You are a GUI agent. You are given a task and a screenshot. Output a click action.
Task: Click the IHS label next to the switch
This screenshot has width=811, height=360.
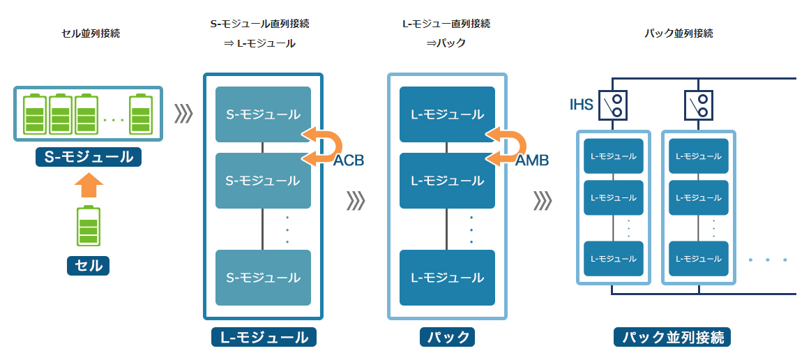coord(581,105)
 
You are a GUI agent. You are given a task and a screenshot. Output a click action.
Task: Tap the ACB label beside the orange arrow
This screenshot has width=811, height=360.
coord(349,160)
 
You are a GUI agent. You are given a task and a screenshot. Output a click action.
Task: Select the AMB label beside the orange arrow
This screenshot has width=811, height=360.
coord(532,160)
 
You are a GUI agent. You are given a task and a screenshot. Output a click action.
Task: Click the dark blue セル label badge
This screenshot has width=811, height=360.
coord(89,265)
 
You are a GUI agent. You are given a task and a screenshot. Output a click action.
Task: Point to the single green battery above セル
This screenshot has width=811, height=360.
coord(89,225)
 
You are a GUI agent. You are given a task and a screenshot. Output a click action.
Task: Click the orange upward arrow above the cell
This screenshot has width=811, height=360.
coord(89,186)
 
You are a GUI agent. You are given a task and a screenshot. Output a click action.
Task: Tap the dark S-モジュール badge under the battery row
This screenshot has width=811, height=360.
coord(89,157)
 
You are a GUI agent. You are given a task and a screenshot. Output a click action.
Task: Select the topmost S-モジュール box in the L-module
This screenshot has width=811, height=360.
coord(263,114)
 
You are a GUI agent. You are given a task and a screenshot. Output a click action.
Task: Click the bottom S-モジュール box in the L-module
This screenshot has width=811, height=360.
coord(263,277)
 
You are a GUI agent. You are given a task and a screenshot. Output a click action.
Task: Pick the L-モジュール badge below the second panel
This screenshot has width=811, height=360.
coord(264,338)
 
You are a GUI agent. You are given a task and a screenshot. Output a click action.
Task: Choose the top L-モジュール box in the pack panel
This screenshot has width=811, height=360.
coord(447,114)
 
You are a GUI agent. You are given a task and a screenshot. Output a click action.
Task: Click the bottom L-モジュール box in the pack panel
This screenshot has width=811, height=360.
coord(447,277)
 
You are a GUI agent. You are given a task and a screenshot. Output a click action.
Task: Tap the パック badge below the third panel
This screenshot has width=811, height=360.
coord(447,338)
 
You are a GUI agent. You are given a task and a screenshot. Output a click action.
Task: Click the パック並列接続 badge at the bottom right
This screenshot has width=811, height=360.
coord(673,338)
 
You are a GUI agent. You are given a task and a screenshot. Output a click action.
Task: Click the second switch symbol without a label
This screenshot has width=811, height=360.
coord(699,105)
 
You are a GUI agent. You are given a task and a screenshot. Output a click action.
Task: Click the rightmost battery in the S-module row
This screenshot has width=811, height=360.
coord(141,114)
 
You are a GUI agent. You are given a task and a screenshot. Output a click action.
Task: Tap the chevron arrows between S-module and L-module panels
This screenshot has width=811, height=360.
coord(183,114)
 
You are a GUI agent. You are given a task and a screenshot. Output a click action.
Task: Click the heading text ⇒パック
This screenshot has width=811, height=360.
coord(446,43)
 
